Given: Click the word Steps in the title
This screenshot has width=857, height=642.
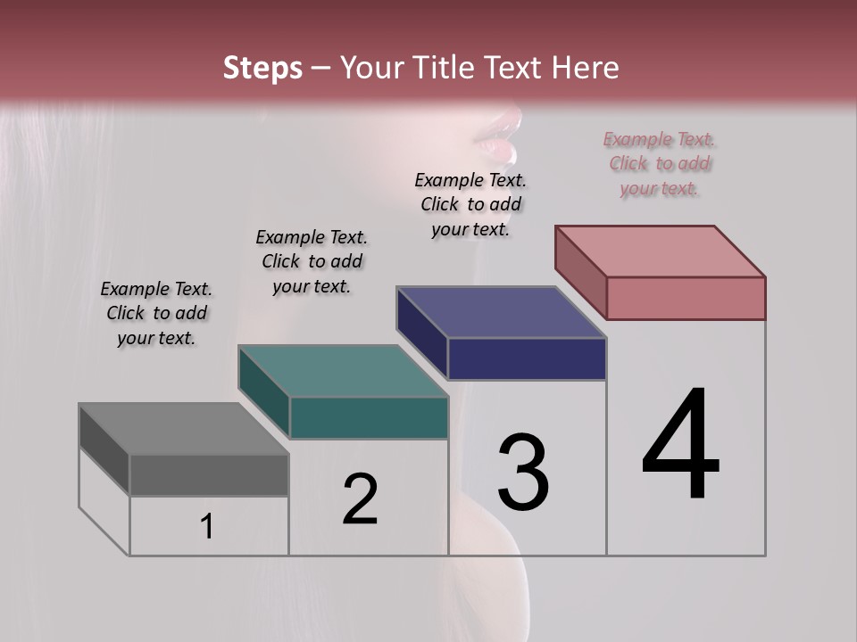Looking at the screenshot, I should tap(262, 68).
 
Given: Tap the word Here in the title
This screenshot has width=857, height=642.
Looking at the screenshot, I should tap(580, 68).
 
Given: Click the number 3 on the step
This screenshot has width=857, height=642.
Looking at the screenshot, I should tap(523, 472).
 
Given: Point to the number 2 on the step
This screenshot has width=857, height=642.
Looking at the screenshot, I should tap(361, 499).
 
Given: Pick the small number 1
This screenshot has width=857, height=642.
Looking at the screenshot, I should tap(207, 526).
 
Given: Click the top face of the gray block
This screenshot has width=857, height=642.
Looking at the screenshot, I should tap(183, 428).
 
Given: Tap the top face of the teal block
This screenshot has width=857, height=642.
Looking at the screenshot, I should tap(343, 371).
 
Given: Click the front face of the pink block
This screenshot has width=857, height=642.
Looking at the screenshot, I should tap(686, 298).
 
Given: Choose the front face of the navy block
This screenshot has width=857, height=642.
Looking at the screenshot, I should tap(527, 358).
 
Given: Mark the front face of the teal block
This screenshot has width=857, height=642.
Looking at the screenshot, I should tap(369, 417).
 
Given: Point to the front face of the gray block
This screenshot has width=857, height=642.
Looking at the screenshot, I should tap(209, 474).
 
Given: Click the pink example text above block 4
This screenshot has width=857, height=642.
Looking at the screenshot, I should tap(659, 163).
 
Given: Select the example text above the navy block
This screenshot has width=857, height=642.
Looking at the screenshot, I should tap(470, 204).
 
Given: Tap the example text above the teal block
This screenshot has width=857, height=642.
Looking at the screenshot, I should tap(312, 261).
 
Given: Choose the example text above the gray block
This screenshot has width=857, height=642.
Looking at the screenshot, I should tap(156, 313).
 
